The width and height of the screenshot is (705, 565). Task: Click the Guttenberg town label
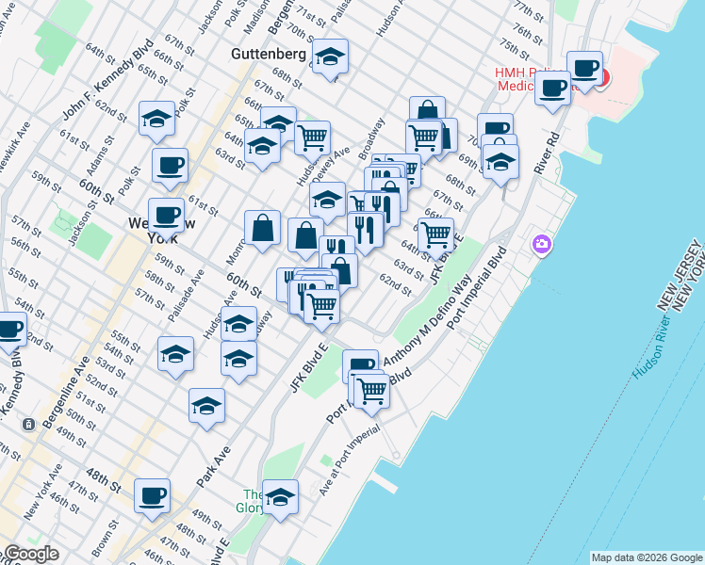pos(268,55)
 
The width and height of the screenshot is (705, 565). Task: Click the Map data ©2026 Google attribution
pos(647,557)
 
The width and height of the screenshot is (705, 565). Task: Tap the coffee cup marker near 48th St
pos(152,494)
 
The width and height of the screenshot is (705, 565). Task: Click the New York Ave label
pos(44,496)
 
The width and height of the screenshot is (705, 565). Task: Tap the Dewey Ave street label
pos(336,152)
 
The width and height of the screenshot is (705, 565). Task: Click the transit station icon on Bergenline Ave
pos(30,425)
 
